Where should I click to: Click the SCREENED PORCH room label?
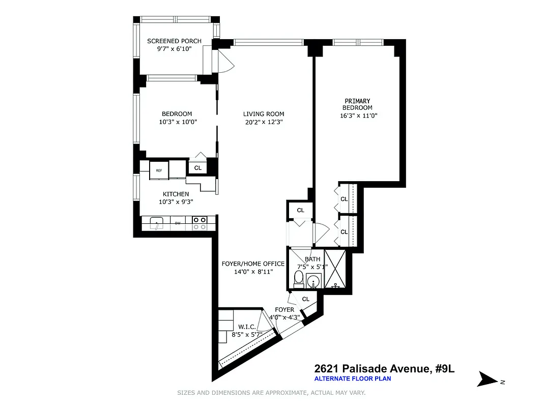coord(174,41)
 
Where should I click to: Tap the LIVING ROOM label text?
coord(263,114)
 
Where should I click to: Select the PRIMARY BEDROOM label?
coord(356,104)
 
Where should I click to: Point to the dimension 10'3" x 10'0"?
coord(177,122)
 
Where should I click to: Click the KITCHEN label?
coord(176,194)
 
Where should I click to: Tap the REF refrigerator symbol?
coord(159,170)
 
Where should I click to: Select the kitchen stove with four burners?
coord(200,223)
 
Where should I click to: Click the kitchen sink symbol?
coord(157,223)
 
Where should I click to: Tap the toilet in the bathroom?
coord(299,279)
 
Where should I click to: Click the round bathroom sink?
coord(314,280)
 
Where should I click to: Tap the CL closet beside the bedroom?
coord(197,167)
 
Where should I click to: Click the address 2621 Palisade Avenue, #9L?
coord(384,368)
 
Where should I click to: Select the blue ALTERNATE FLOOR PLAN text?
coord(352,379)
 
